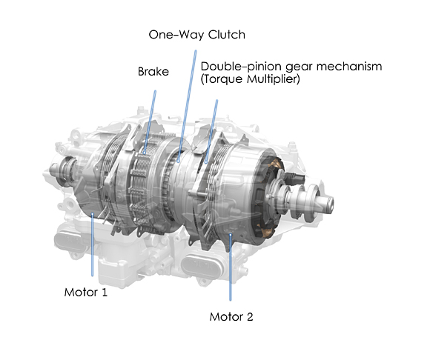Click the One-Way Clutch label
(x=197, y=35)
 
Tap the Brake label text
(x=153, y=72)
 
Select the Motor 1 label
(x=85, y=293)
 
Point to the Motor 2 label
(x=231, y=317)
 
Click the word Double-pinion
(x=237, y=67)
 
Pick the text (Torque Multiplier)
(x=251, y=79)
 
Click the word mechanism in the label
(x=348, y=67)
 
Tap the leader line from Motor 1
(x=93, y=244)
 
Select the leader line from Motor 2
(x=231, y=267)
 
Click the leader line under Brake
(x=150, y=122)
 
